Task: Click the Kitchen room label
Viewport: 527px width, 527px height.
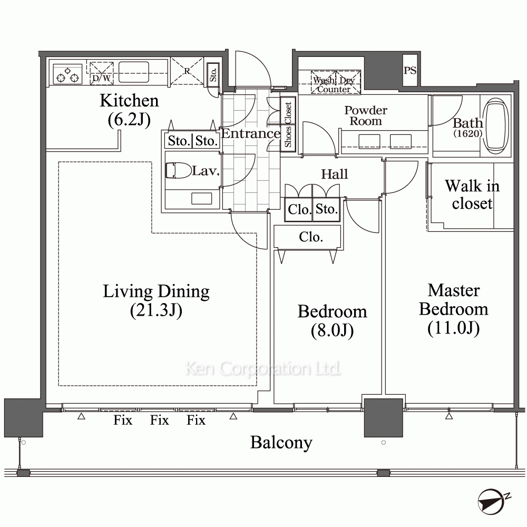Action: (x=130, y=101)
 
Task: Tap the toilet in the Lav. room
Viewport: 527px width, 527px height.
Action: (x=179, y=170)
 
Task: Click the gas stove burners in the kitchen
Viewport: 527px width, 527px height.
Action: (x=67, y=74)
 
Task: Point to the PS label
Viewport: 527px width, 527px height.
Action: (x=410, y=70)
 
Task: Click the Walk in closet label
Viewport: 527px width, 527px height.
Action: (x=472, y=194)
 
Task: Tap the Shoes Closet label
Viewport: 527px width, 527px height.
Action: (x=288, y=125)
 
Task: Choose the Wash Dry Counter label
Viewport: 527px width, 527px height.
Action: (x=334, y=85)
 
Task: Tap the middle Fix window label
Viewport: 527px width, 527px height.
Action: (x=159, y=420)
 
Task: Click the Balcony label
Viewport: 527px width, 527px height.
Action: (x=281, y=443)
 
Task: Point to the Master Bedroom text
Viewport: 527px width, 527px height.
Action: (x=454, y=299)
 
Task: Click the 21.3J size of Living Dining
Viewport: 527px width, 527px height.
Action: (x=157, y=310)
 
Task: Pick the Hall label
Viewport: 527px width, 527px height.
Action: (x=335, y=174)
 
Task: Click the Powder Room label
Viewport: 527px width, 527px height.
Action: (x=366, y=115)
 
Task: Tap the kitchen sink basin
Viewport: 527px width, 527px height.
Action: (x=133, y=72)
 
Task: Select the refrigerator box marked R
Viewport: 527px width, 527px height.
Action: (x=187, y=71)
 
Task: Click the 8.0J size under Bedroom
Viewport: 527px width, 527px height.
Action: (x=332, y=330)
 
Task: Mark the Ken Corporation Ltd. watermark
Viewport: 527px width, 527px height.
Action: (x=263, y=368)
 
